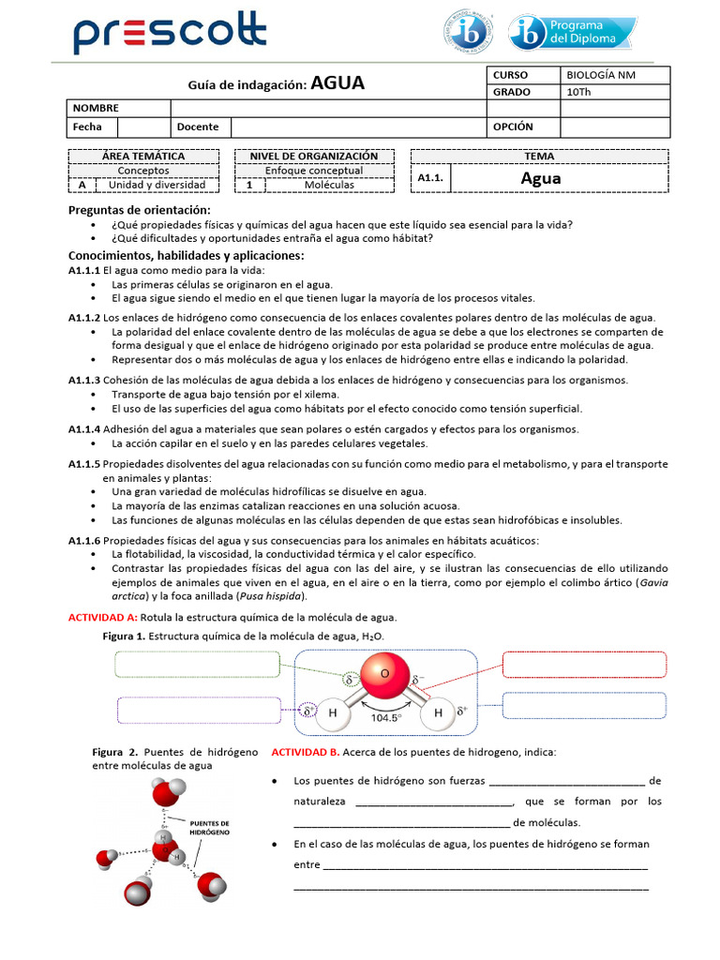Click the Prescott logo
tap(170, 35)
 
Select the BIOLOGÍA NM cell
tap(615, 75)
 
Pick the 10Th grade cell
tap(615, 92)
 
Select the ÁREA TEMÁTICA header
tap(143, 156)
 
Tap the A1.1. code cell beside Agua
tap(432, 178)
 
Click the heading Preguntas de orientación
tap(140, 209)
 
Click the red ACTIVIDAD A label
tap(103, 617)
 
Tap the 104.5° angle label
tap(384, 717)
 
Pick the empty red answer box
tap(583, 664)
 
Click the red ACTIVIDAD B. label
tap(306, 752)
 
